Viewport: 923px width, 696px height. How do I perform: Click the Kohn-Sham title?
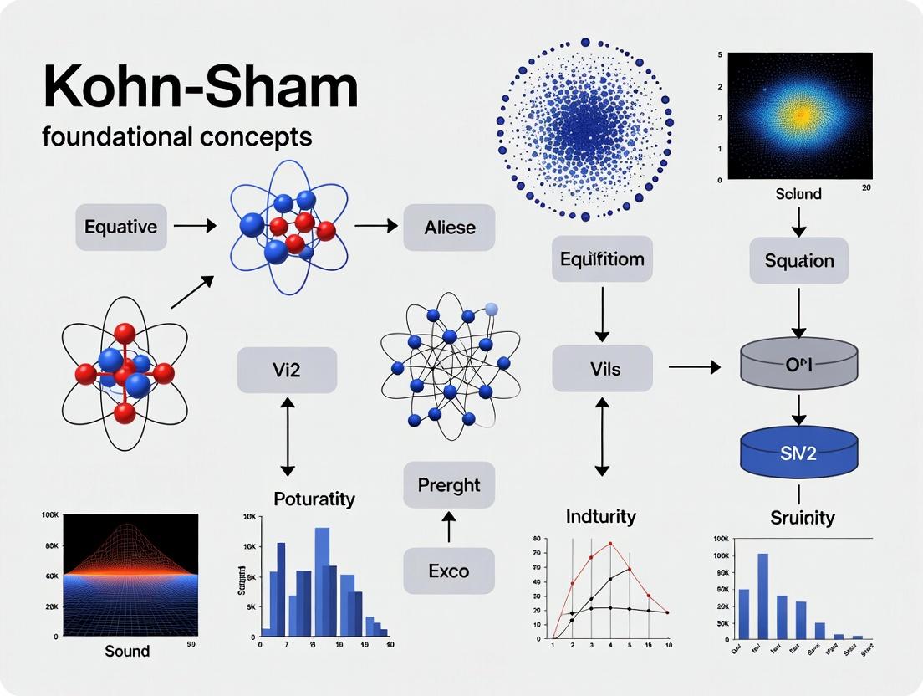coord(200,85)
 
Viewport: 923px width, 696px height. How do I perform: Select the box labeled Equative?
coord(121,226)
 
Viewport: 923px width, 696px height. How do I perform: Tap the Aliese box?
coord(450,227)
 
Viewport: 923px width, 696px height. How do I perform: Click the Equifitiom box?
coord(602,258)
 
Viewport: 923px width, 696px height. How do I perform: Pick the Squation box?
coord(799,260)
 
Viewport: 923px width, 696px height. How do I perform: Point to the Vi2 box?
coord(287,370)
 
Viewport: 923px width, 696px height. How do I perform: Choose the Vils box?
coord(602,368)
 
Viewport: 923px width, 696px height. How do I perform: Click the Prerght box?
coord(449,484)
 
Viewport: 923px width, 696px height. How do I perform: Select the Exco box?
coord(449,572)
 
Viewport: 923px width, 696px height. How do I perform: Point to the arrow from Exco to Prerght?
coord(449,527)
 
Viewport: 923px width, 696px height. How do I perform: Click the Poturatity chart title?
coord(314,499)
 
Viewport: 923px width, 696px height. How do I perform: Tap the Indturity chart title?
coord(600,516)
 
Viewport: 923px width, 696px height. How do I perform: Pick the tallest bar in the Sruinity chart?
coord(762,595)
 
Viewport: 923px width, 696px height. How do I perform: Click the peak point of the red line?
coord(610,543)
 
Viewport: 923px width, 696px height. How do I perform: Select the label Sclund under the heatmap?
coord(798,194)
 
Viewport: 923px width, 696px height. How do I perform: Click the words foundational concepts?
coord(177,136)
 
